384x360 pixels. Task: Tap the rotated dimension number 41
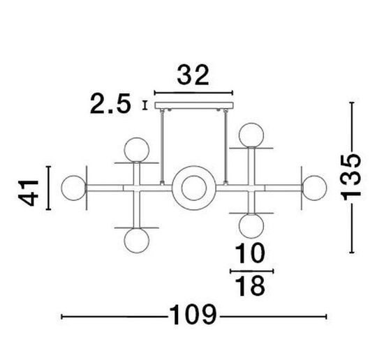pyautogui.click(x=29, y=188)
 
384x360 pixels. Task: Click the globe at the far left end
pyautogui.click(x=73, y=186)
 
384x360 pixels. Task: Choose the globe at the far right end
pyautogui.click(x=314, y=186)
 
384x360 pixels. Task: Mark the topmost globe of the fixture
pyautogui.click(x=251, y=133)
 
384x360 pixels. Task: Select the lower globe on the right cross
pyautogui.click(x=250, y=225)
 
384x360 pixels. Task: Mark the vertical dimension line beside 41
pyautogui.click(x=47, y=188)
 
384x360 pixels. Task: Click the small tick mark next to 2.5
pyautogui.click(x=145, y=105)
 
